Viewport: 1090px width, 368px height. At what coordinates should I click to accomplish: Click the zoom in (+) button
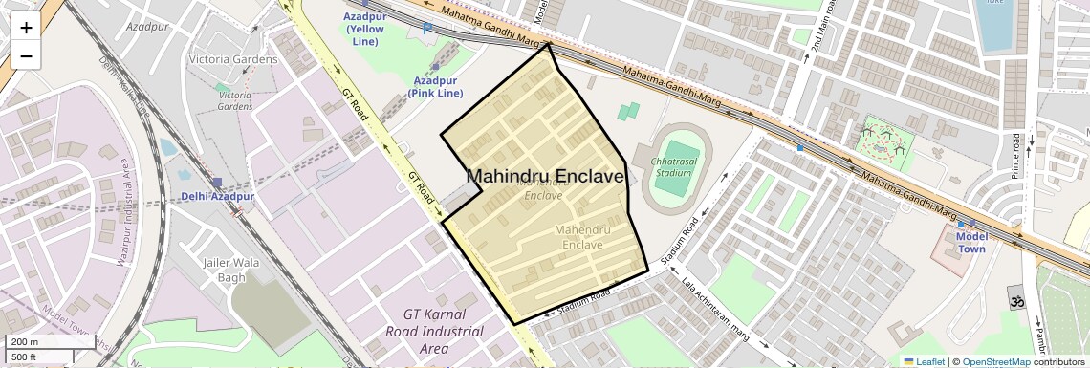point(26,28)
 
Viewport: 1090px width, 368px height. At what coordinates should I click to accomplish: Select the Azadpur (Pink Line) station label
point(435,87)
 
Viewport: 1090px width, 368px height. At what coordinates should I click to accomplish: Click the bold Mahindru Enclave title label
point(545,177)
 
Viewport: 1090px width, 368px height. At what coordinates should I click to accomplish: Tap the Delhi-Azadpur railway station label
point(218,197)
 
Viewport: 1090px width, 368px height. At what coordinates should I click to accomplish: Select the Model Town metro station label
point(971,243)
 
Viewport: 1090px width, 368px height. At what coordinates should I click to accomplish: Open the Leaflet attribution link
point(924,361)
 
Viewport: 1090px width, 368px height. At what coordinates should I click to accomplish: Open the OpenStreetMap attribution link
point(996,361)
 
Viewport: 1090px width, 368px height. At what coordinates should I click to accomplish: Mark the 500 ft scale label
point(25,357)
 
